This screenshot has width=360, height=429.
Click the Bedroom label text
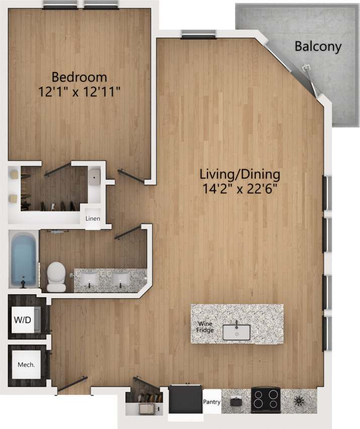(80, 77)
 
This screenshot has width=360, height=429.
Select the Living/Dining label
(239, 175)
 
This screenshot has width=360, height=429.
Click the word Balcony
(318, 47)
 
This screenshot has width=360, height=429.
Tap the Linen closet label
(93, 219)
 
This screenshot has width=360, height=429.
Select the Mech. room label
(26, 364)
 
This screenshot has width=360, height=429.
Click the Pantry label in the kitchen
(211, 402)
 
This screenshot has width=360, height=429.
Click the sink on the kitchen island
(236, 332)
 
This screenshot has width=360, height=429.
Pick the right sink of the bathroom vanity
(121, 278)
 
